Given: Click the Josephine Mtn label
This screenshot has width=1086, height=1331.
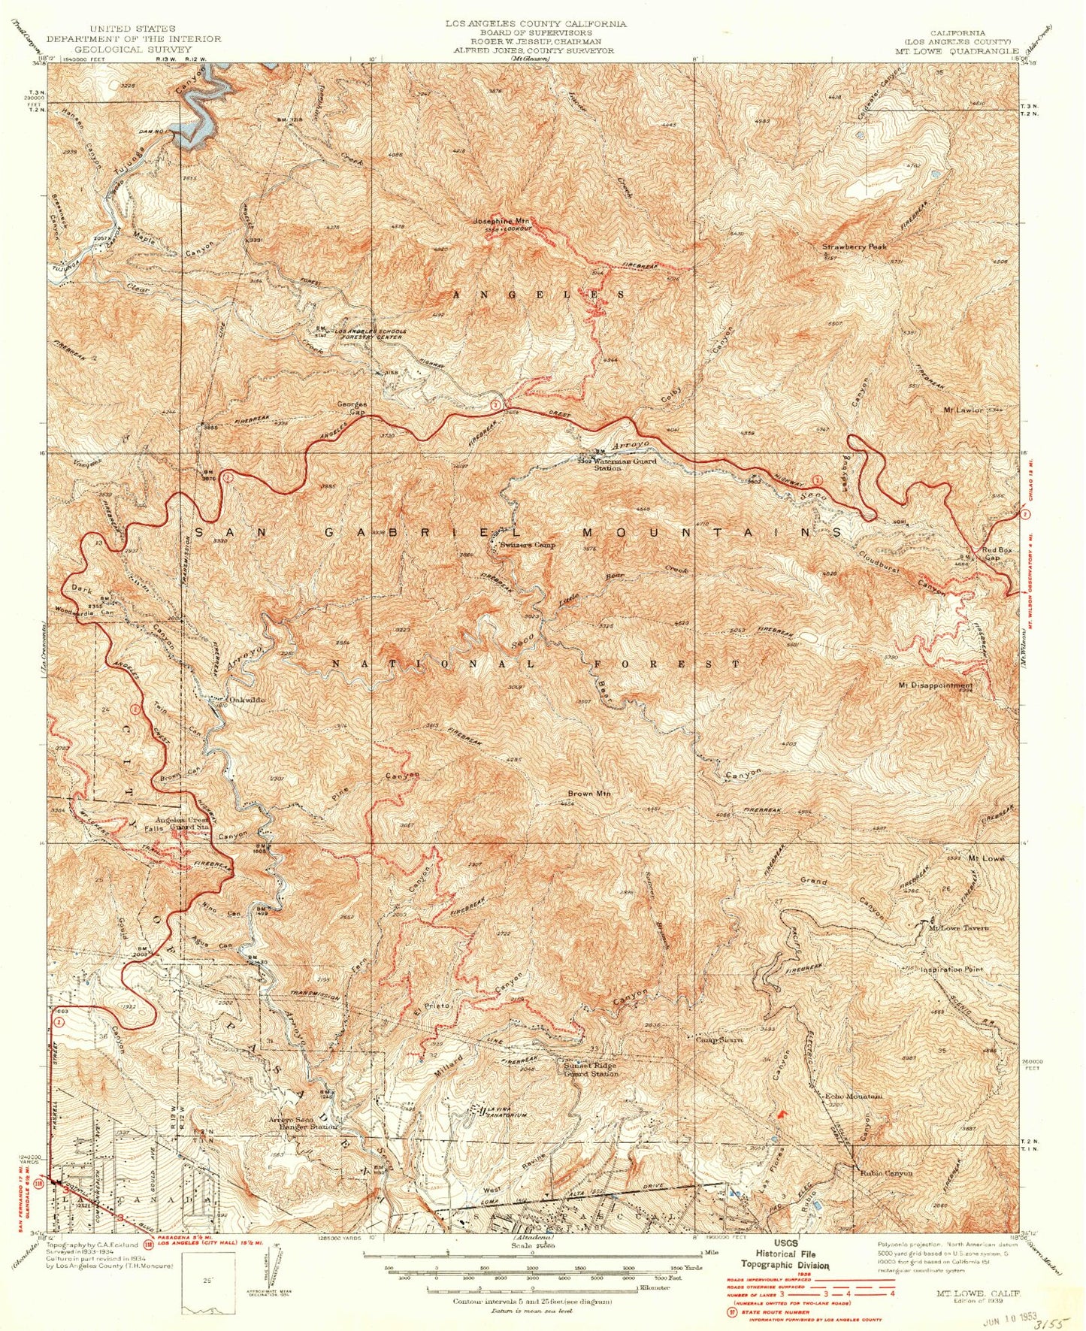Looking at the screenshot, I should [502, 222].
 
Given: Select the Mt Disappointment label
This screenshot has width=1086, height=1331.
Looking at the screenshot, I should [935, 685].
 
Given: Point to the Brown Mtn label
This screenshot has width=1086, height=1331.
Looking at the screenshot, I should [590, 794].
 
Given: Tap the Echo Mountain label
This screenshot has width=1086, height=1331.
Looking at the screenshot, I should [854, 1097].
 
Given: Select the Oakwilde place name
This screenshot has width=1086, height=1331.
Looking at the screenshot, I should [247, 700].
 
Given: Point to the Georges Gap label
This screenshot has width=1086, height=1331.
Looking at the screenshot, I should [351, 408].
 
